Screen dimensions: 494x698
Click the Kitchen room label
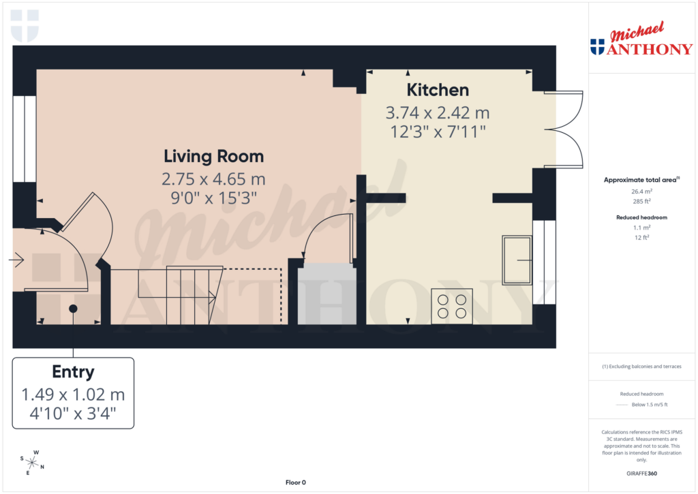pos(438,90)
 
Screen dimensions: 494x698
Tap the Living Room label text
pos(213,156)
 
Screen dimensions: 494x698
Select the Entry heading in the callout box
pos(73,371)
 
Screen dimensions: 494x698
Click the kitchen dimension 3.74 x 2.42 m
pos(438,112)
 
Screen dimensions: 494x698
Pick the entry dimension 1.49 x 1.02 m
pos(73,395)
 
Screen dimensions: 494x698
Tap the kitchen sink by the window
pos(517,260)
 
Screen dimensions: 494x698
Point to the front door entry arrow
pos(17,260)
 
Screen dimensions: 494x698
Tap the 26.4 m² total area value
pos(640,192)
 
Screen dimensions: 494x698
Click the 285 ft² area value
pos(640,201)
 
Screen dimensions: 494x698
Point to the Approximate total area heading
pos(640,180)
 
